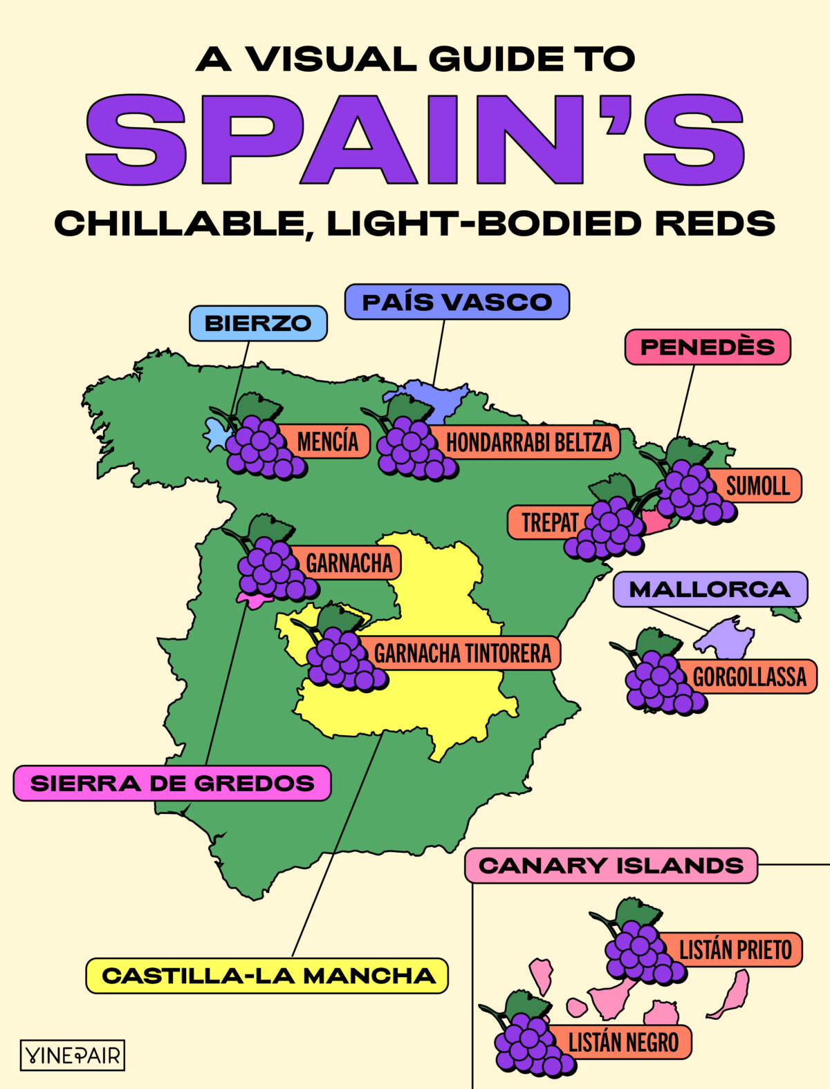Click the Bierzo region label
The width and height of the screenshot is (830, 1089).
[258, 323]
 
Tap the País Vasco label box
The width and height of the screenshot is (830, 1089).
[456, 302]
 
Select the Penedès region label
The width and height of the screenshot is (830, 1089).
[708, 347]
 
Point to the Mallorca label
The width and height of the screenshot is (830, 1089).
[710, 589]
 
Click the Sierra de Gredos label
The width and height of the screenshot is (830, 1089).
[172, 784]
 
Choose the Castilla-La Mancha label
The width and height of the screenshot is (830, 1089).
[268, 976]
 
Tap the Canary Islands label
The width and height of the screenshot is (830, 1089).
[611, 866]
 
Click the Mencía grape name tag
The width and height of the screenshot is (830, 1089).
[328, 442]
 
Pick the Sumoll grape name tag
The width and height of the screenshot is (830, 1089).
[758, 486]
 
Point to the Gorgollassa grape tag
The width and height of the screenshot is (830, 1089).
[750, 676]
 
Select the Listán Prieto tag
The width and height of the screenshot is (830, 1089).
[735, 950]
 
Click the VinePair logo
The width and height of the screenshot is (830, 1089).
[73, 1055]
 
